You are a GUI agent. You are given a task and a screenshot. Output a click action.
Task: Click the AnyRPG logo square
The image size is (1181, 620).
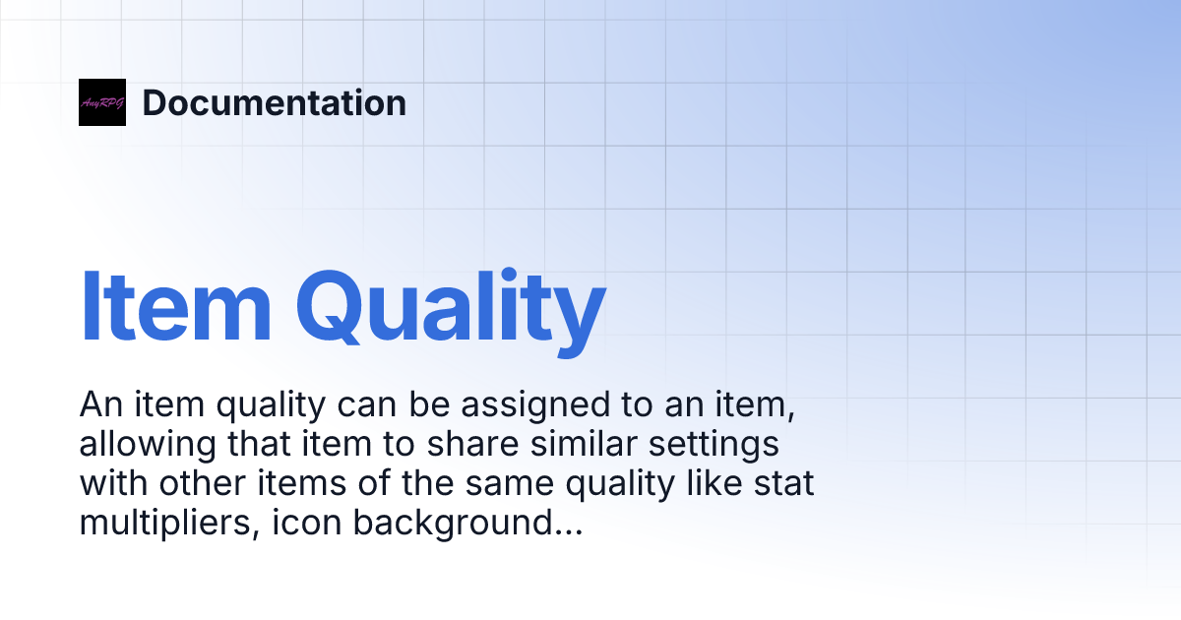102,102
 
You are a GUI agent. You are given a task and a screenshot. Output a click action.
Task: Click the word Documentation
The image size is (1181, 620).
274,102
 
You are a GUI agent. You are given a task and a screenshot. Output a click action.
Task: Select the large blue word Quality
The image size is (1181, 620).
450,307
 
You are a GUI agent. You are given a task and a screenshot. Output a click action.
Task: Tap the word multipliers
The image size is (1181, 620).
159,526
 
